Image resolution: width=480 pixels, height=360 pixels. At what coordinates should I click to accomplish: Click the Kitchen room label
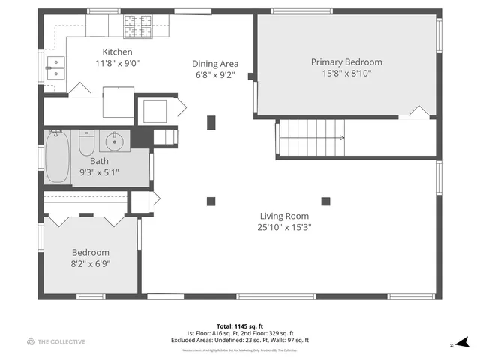(118, 52)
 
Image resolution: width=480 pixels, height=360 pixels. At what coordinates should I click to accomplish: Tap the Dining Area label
(215, 64)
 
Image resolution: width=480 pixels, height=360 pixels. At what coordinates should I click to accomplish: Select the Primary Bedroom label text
(346, 61)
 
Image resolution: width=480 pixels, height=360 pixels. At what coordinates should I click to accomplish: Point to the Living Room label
(284, 217)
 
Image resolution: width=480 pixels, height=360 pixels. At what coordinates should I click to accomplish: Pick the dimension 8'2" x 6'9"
(90, 264)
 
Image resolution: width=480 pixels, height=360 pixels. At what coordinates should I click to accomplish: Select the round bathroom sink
(115, 140)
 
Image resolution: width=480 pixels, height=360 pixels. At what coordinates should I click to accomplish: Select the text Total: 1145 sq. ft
(240, 325)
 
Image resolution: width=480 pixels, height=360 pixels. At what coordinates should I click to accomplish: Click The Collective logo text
(62, 341)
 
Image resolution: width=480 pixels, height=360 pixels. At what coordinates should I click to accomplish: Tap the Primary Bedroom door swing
(419, 112)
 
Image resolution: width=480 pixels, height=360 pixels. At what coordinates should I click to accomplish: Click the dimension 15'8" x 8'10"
(346, 73)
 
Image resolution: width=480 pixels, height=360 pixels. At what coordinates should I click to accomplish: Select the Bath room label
(99, 161)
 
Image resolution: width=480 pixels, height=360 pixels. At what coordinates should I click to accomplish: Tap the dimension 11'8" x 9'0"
(118, 63)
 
